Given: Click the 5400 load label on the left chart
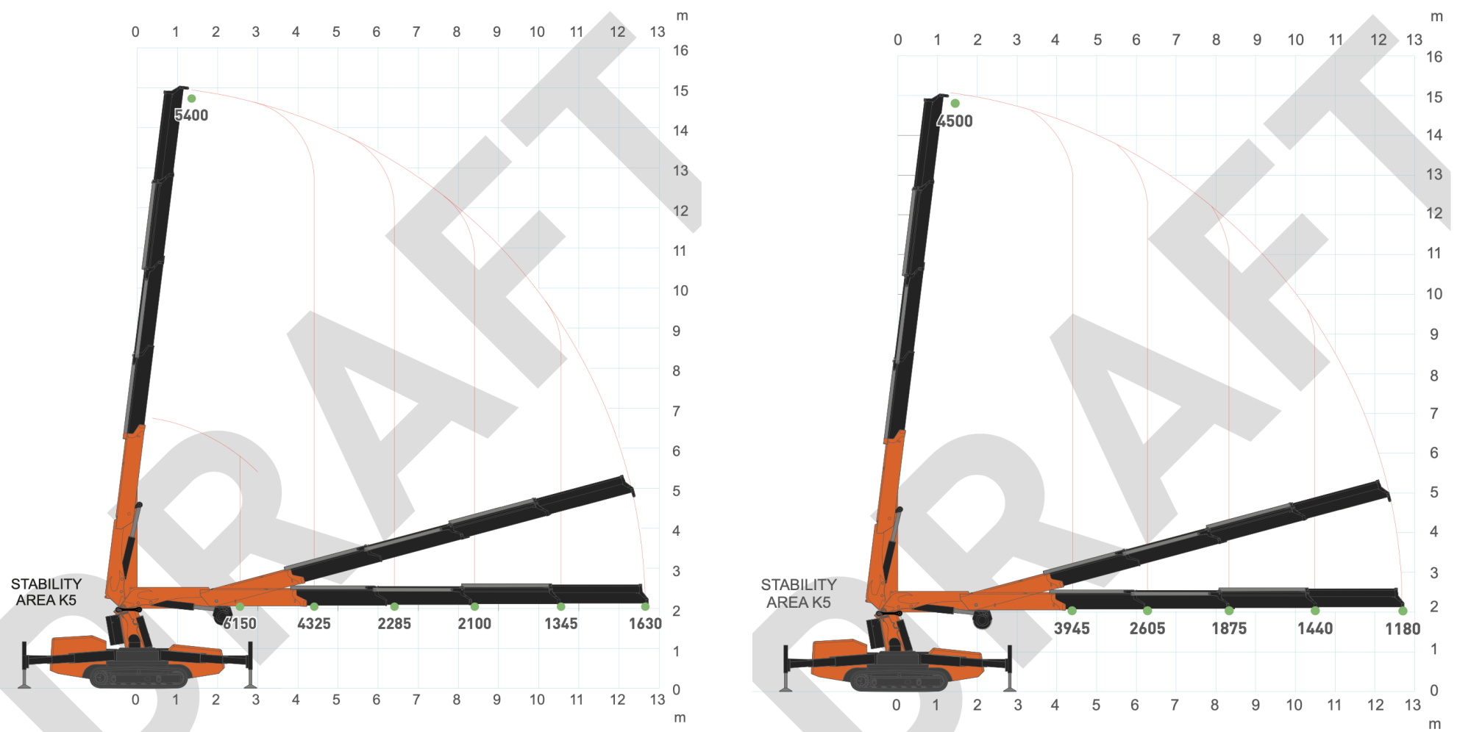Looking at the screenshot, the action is point(191,115).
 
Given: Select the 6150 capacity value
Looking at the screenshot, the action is point(241,624).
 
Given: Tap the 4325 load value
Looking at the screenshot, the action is point(314,624).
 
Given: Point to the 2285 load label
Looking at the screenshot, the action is point(394,624).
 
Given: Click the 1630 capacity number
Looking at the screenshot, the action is point(645,624).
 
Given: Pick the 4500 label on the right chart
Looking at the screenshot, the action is point(955,121).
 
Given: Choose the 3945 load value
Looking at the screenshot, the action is point(1072,628).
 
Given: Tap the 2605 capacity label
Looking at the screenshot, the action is point(1147,628).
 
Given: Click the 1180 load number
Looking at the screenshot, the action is point(1403,628).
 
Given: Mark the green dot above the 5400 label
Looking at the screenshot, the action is point(191,98).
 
